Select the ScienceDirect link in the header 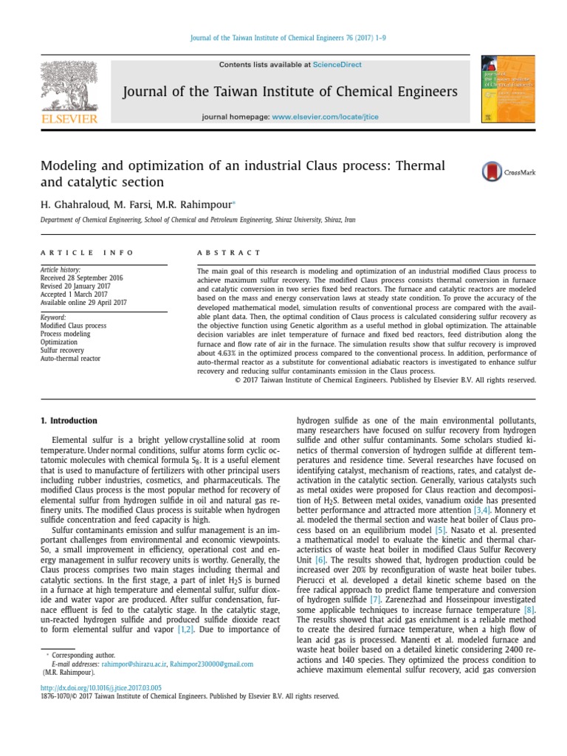coord(337,65)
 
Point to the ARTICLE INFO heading coord(87,252)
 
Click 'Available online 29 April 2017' coord(83,303)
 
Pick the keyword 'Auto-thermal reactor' coord(70,359)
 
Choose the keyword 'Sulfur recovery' coord(62,351)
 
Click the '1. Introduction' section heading coord(67,421)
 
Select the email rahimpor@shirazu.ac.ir coord(129,664)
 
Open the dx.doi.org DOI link coord(100,687)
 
